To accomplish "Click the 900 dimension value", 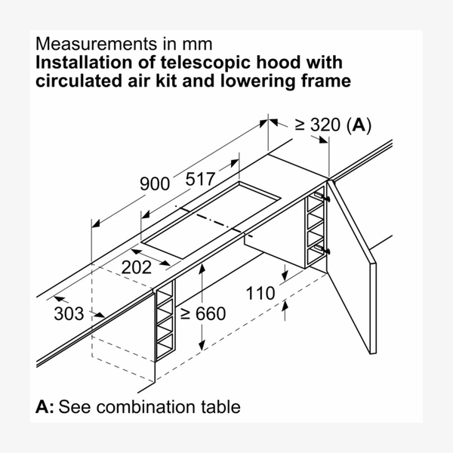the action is click(155, 183).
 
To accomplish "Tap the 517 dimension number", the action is click(200, 179).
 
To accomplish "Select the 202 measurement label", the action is click(137, 267).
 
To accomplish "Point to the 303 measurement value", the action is click(69, 313).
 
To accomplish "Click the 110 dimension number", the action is click(260, 293).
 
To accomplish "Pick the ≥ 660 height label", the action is click(203, 313).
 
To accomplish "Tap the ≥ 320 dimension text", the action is click(318, 125).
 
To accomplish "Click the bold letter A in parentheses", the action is click(359, 125).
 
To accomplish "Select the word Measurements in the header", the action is click(96, 44).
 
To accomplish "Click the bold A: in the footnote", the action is click(45, 407).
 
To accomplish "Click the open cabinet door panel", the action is click(352, 267).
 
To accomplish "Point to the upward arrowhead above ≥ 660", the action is click(202, 268).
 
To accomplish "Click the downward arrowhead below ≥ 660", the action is click(202, 345).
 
